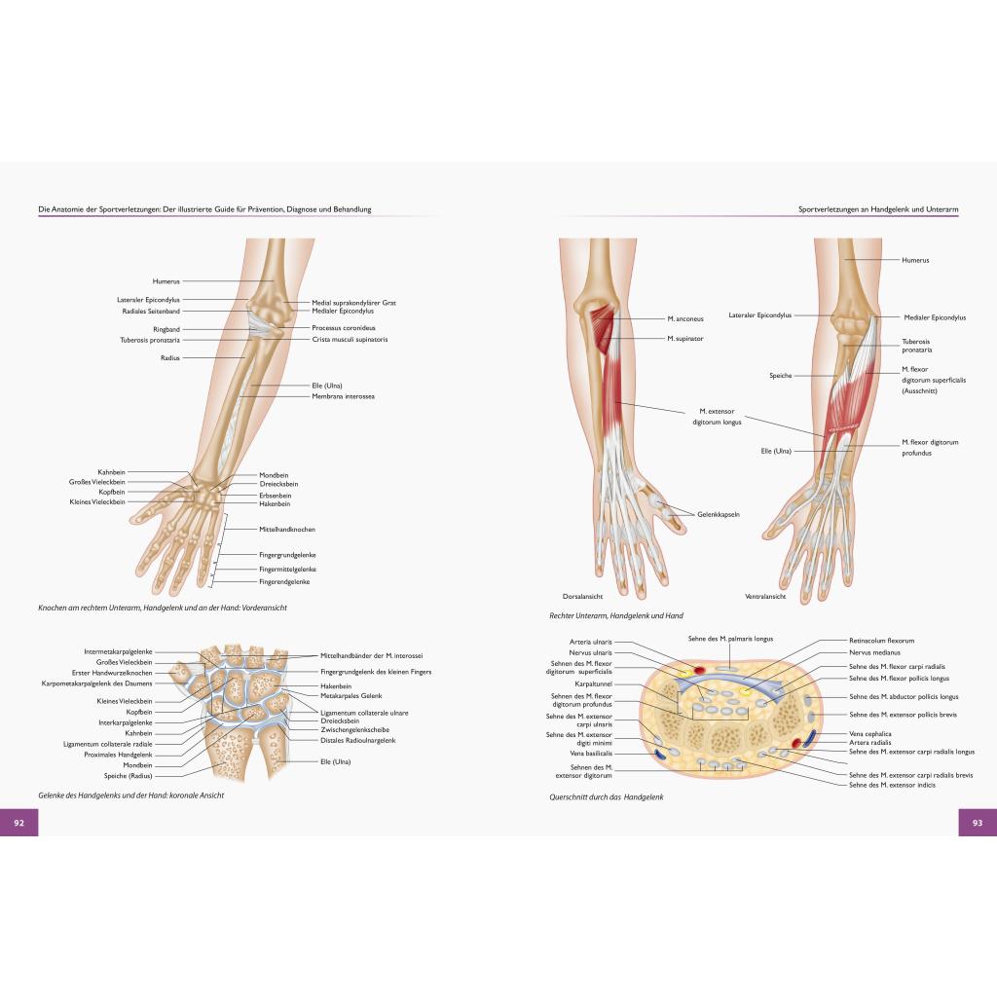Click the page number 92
(x=19, y=822)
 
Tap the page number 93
(x=978, y=822)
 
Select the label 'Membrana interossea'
(x=343, y=396)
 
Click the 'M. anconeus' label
(x=685, y=318)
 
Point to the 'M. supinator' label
(x=685, y=338)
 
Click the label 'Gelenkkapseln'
(x=719, y=514)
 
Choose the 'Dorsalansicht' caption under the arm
(x=582, y=597)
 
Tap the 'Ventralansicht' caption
(x=765, y=597)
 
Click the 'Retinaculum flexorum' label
(x=882, y=641)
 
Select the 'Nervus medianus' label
(x=875, y=652)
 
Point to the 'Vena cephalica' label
(x=870, y=734)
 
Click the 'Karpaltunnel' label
(x=593, y=684)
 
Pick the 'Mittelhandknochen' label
(x=287, y=529)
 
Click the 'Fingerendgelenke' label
(x=284, y=582)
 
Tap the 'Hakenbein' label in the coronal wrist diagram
(x=336, y=686)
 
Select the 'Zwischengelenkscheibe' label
(x=354, y=730)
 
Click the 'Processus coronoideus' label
(x=344, y=328)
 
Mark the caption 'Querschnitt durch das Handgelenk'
(x=606, y=796)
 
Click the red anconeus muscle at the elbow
(x=603, y=331)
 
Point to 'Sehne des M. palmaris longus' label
(x=730, y=639)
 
